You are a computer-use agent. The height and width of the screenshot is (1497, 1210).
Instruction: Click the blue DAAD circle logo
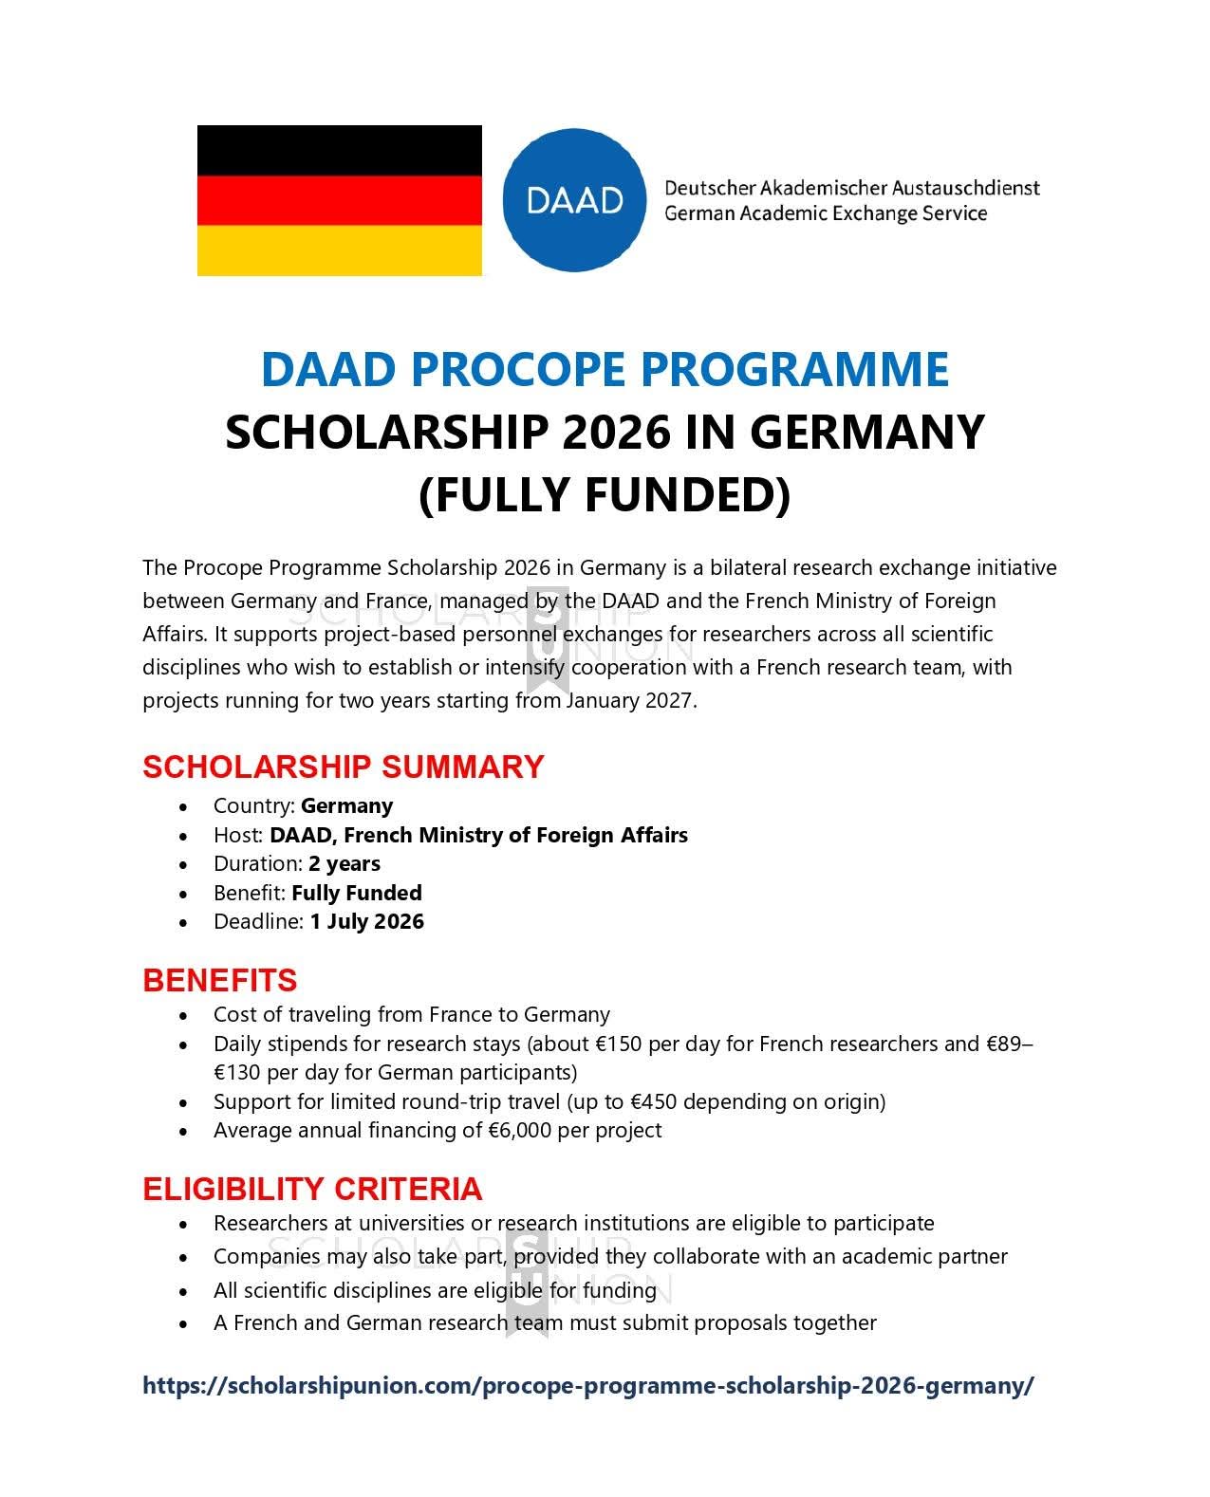click(575, 199)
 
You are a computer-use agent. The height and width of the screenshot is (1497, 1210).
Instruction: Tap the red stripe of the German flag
click(339, 199)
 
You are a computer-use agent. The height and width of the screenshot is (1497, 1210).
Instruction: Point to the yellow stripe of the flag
click(339, 250)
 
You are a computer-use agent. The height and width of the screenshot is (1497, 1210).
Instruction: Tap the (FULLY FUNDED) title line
click(605, 494)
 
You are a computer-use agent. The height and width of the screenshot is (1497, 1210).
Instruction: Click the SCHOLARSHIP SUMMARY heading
click(343, 767)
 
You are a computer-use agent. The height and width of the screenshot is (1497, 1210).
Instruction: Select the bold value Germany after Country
click(346, 805)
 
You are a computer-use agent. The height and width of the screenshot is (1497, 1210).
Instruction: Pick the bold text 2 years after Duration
click(344, 863)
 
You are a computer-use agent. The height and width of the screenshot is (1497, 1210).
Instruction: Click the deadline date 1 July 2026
click(366, 921)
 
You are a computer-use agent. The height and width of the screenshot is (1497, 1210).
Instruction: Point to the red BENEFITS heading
click(219, 980)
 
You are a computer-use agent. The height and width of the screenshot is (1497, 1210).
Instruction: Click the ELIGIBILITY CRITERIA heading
click(312, 1189)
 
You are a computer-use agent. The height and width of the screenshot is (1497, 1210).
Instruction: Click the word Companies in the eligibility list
click(257, 1256)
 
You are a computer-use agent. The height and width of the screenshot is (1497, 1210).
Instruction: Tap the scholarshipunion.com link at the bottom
click(587, 1385)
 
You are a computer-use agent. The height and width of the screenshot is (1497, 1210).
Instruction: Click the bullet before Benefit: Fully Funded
click(183, 894)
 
